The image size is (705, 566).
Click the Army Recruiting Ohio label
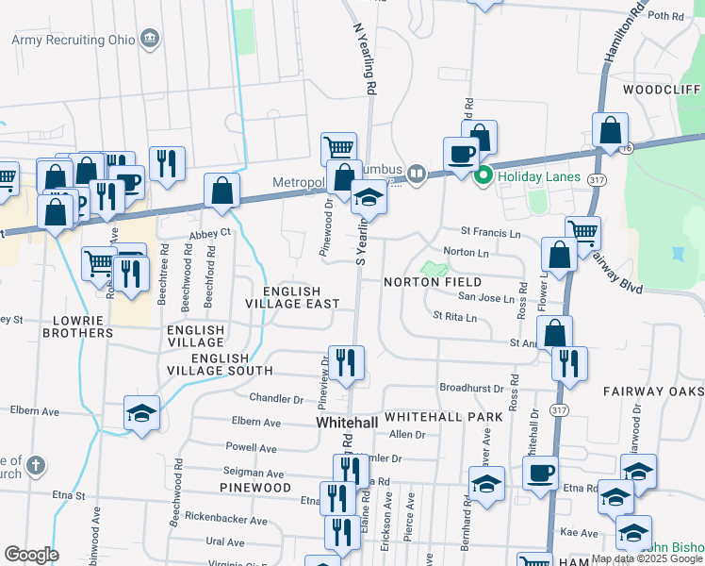coord(72,39)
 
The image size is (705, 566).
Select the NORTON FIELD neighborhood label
coord(433,282)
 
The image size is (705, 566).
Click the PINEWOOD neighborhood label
coord(255,487)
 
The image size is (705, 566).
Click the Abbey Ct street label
coord(208,231)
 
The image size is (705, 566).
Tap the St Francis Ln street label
coord(490,231)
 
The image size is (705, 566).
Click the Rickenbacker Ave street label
coord(226,520)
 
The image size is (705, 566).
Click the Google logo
coord(31,555)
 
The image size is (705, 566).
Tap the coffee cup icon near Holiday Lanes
coord(461,153)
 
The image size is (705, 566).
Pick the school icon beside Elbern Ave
coord(141,413)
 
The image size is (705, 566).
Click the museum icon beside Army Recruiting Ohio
coord(149,39)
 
